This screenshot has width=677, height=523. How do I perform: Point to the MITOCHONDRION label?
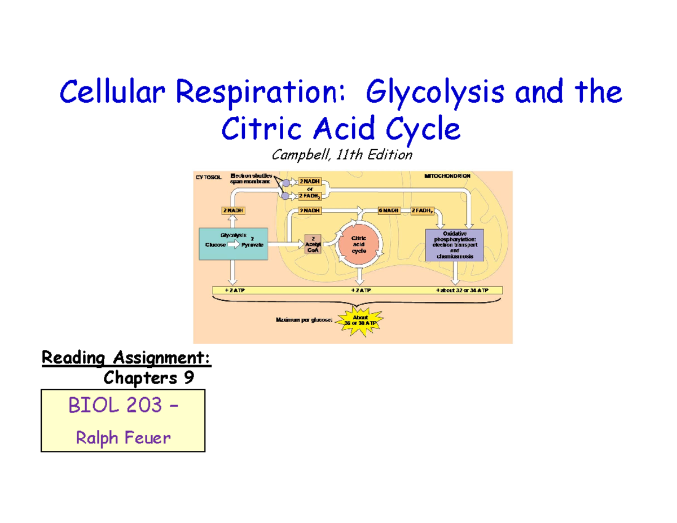coord(447,176)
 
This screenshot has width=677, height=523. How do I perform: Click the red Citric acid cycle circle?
coord(359,245)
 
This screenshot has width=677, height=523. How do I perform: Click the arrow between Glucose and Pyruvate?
coord(233,245)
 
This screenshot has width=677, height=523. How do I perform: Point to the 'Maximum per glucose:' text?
coord(304,320)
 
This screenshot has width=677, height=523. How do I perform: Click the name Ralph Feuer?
coord(122,437)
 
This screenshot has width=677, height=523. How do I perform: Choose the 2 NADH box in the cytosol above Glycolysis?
coord(230,210)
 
